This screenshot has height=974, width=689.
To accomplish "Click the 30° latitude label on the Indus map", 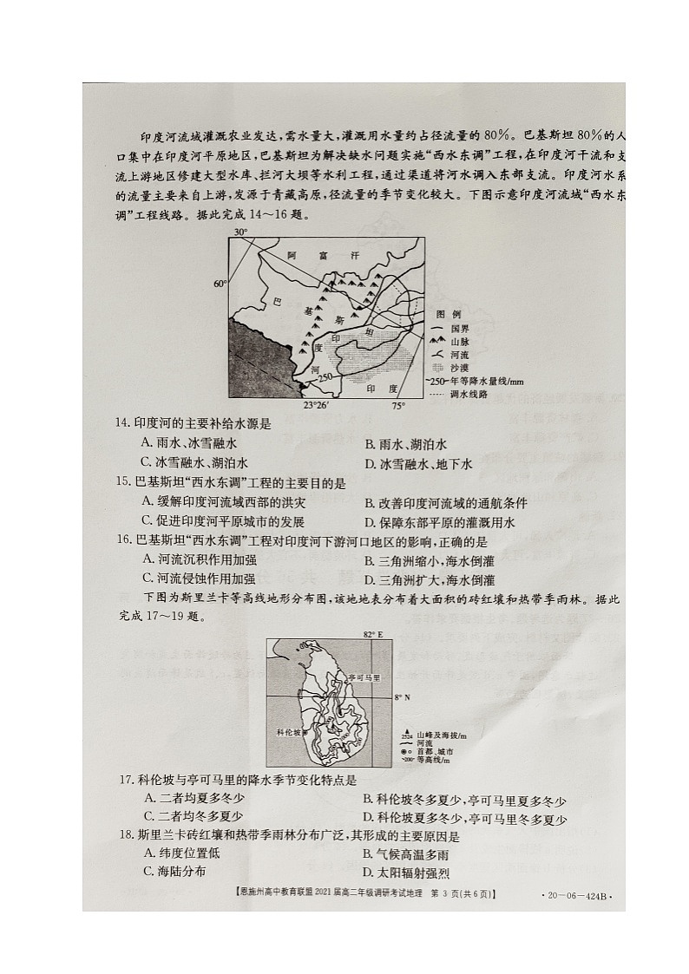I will pyautogui.click(x=241, y=232).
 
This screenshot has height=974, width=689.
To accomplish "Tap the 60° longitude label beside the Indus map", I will pyautogui.click(x=220, y=284).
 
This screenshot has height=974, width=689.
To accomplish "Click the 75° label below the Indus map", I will pyautogui.click(x=397, y=405).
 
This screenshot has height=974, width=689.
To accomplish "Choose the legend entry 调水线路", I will pyautogui.click(x=460, y=393).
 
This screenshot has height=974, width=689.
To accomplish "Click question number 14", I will pyautogui.click(x=123, y=424).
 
